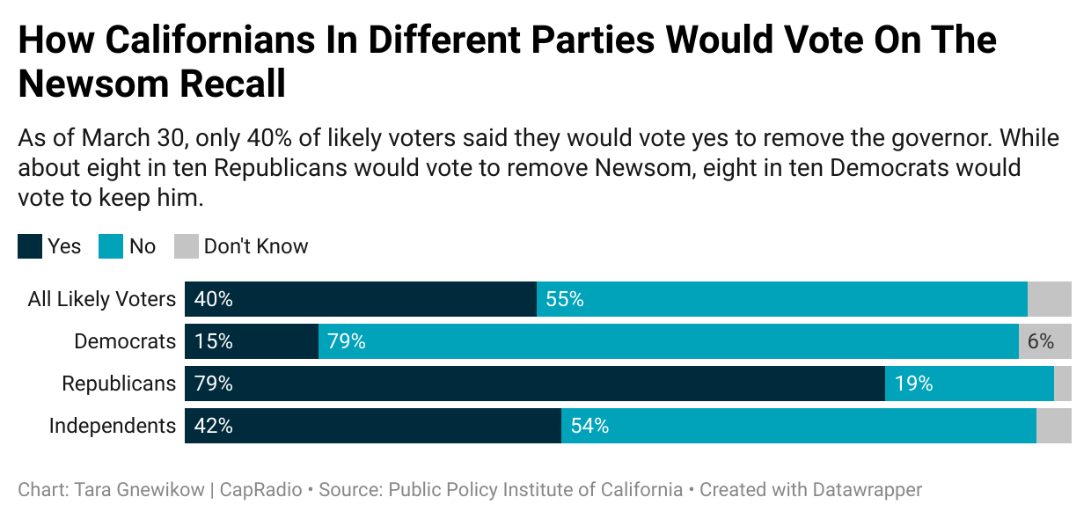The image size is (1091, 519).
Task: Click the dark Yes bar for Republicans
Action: pyautogui.click(x=535, y=384)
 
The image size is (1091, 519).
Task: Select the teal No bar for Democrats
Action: pyautogui.click(x=669, y=341)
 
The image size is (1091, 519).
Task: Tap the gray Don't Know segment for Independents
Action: pyautogui.click(x=1054, y=426)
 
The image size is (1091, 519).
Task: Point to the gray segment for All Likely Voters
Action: pyautogui.click(x=1050, y=299)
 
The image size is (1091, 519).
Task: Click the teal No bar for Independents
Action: pyautogui.click(x=799, y=426)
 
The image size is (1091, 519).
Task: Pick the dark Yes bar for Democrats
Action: pyautogui.click(x=252, y=341)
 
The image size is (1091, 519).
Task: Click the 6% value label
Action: pyautogui.click(x=1041, y=341)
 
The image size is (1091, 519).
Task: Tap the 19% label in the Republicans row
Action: pyautogui.click(x=913, y=384)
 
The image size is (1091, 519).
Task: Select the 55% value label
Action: pyautogui.click(x=565, y=299)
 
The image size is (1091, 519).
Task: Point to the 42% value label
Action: pyautogui.click(x=213, y=426)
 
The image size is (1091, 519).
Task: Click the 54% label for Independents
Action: pyautogui.click(x=589, y=426)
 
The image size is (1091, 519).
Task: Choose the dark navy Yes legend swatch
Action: pyautogui.click(x=30, y=246)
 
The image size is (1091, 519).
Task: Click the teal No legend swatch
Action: pyautogui.click(x=111, y=246)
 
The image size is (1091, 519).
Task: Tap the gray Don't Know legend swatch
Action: pyautogui.click(x=187, y=246)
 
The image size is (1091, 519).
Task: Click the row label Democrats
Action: pyautogui.click(x=125, y=341)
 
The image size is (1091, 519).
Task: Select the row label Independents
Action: pyautogui.click(x=112, y=426)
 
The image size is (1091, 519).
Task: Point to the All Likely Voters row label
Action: pyautogui.click(x=102, y=299)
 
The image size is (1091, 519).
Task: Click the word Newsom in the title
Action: pyautogui.click(x=93, y=84)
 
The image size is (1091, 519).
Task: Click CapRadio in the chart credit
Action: pyautogui.click(x=260, y=490)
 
